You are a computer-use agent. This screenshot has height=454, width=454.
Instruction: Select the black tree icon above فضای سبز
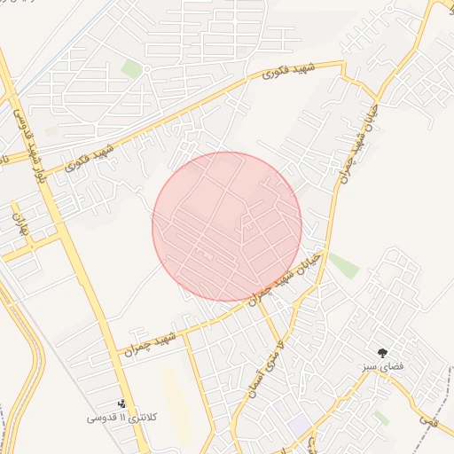click(x=383, y=353)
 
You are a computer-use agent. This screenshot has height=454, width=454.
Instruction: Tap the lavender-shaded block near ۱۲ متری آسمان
click(x=283, y=410)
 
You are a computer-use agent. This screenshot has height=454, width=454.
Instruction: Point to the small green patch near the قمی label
click(x=380, y=416)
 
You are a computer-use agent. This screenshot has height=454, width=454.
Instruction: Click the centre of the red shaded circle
click(x=227, y=226)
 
